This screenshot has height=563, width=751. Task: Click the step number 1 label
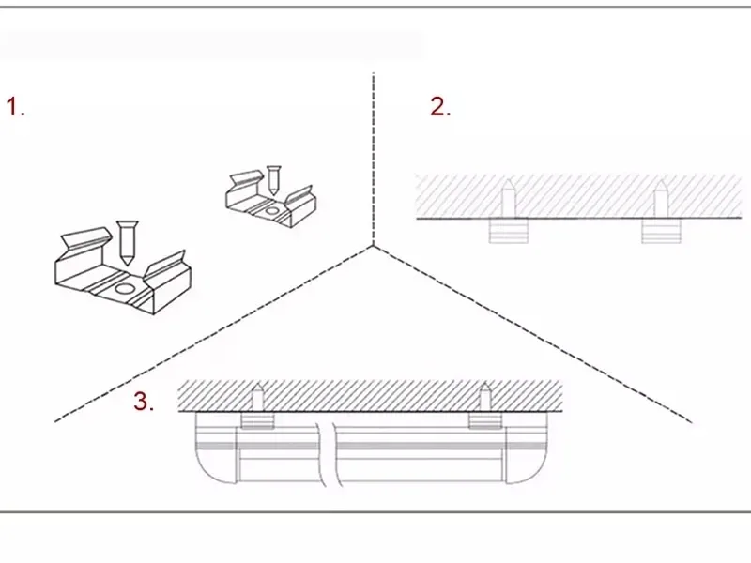15,106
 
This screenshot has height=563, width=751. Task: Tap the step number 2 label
440,106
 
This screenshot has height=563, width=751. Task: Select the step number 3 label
144,402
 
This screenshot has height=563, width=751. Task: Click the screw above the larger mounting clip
127,243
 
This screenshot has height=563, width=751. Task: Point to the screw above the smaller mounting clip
273,180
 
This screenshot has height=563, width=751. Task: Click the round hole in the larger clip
125,289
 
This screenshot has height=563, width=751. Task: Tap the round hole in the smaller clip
271,210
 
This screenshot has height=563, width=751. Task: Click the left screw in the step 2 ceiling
508,198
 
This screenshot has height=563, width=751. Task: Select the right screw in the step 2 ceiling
661,198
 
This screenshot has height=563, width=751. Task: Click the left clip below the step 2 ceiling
508,231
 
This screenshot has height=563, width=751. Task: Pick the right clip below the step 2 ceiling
661,231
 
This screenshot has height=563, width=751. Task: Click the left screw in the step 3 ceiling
257,396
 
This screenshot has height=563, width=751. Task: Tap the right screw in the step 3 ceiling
485,396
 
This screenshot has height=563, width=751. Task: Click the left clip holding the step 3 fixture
257,420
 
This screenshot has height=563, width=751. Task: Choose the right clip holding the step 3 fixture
485,420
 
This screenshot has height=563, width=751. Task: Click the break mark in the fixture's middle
329,454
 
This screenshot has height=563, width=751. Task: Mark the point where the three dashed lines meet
373,246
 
